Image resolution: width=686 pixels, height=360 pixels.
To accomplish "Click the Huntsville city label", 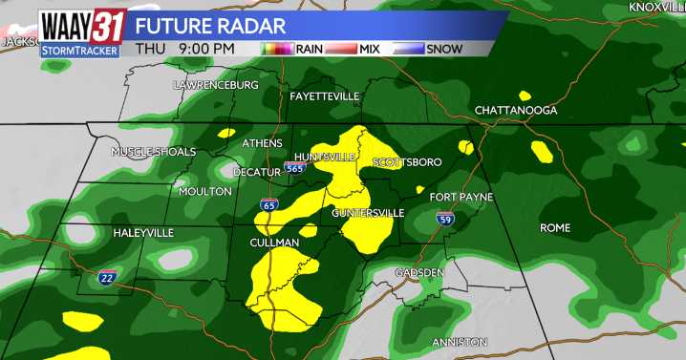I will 325,157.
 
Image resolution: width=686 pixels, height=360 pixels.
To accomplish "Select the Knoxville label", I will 656,8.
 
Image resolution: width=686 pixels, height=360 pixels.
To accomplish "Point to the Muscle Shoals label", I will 153,152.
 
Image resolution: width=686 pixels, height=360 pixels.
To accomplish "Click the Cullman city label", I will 275,244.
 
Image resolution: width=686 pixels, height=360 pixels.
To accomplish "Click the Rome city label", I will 554,228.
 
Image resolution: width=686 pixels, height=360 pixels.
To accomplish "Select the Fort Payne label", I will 461,197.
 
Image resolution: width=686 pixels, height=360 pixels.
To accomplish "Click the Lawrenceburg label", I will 216,85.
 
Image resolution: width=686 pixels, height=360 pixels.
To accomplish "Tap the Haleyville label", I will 143,233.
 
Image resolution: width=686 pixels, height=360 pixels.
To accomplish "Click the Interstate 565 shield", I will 295,168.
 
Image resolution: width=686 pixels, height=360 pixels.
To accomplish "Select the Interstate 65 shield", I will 269,205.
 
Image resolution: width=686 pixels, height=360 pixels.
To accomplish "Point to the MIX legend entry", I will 366,47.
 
